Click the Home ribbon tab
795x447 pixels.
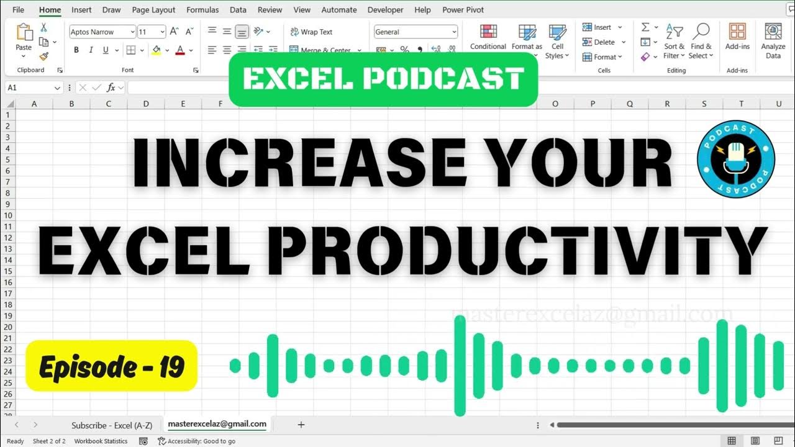50,10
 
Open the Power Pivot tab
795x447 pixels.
463,10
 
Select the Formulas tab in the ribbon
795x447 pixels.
202,10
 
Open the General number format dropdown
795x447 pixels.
416,32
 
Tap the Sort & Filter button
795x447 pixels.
674,41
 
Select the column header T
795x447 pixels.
741,104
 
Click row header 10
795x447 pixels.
9,215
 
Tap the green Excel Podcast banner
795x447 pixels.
383,79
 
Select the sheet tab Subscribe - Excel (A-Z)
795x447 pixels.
111,425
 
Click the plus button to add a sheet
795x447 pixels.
301,425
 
